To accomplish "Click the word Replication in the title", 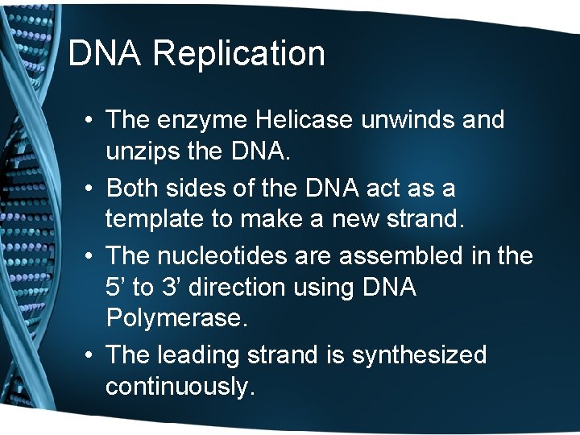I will (239, 54).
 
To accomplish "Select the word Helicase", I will (308, 120).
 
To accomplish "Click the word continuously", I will (180, 387).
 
